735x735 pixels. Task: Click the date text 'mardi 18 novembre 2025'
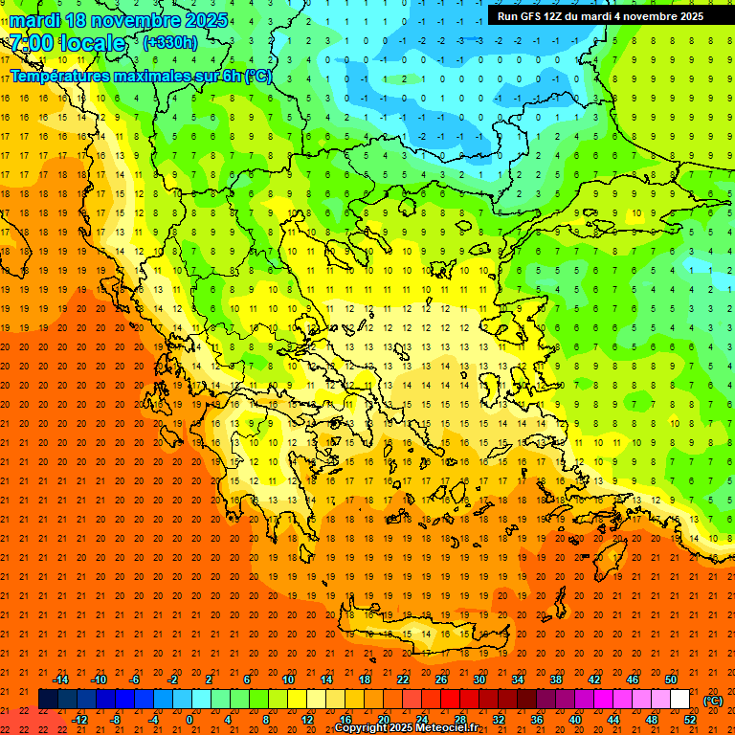119,20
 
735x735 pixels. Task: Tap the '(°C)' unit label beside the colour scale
713,701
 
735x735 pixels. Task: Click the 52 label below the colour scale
690,720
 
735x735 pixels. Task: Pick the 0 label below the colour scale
189,720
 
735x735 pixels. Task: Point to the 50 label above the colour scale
670,679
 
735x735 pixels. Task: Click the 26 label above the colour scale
441,679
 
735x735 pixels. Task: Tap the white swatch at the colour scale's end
679,700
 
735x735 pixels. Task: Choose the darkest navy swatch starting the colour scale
48,700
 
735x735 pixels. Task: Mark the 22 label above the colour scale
403,679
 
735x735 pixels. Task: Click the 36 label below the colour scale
537,720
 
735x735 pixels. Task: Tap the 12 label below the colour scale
307,720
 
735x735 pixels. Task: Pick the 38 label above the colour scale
556,679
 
